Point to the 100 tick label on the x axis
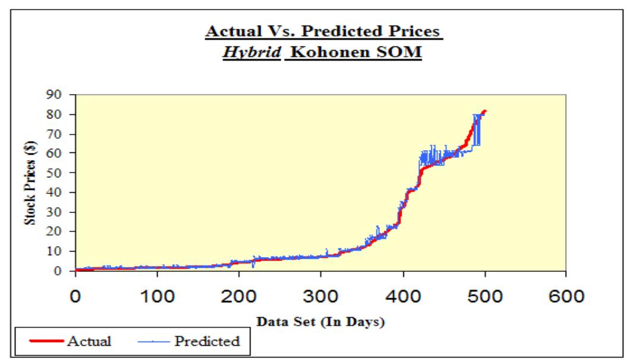coord(157,296)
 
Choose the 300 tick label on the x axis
coord(321,296)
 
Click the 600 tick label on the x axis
coord(566,296)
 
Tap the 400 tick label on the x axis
coord(403,296)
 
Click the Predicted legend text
coord(207,342)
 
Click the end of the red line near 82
coord(485,111)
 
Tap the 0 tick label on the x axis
coord(76,296)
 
